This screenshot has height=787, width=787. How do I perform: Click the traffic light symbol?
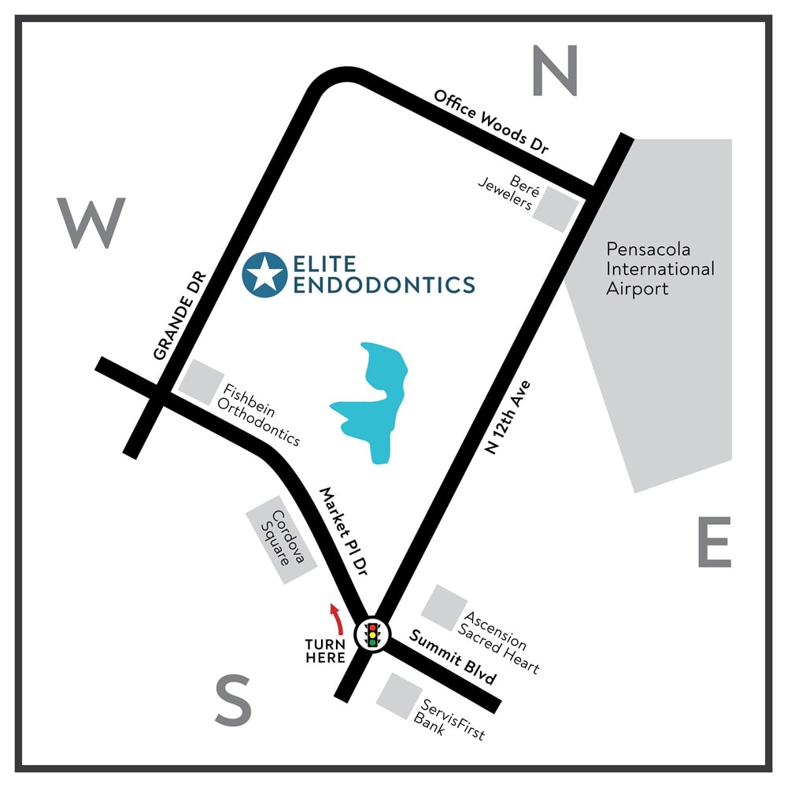[x=372, y=634]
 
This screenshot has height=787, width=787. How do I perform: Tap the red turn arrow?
[x=337, y=619]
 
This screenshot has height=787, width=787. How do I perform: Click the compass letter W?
[x=91, y=223]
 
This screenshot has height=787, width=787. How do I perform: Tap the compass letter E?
[x=714, y=542]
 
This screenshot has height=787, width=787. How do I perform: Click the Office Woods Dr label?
[x=491, y=122]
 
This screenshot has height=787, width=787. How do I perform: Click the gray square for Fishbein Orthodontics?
[x=200, y=382]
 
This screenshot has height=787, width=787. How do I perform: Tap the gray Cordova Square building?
[x=281, y=540]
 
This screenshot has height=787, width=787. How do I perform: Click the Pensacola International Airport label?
[x=660, y=268]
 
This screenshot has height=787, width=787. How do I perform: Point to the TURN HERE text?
[x=327, y=651]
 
